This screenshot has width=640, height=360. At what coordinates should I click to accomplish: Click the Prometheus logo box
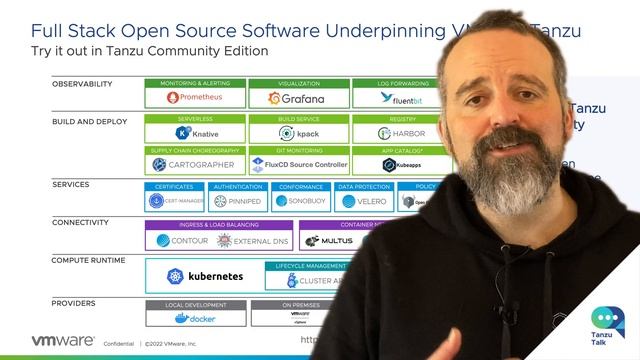[194, 98]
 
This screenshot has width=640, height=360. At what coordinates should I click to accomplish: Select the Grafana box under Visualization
[297, 98]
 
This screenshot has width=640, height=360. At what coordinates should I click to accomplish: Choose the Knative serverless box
[194, 133]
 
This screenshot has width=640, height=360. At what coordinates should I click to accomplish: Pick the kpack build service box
[297, 133]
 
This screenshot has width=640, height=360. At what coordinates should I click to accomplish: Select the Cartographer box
[194, 164]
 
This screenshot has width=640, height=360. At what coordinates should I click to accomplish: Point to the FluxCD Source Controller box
[297, 164]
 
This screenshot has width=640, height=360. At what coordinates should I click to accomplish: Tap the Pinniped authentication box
[237, 200]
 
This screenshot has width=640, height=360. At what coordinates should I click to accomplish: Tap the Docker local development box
[194, 318]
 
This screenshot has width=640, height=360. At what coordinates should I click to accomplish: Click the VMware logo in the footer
[49, 340]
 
